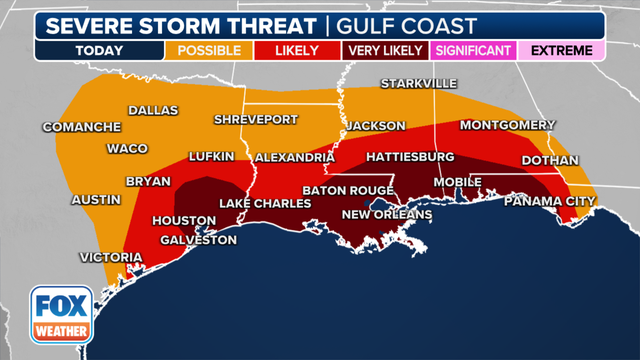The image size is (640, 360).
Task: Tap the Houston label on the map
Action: (183, 220)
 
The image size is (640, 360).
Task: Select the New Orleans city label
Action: (387, 214)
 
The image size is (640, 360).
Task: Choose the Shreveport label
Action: (256, 119)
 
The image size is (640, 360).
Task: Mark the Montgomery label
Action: (507, 125)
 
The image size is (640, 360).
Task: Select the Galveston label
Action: (197, 240)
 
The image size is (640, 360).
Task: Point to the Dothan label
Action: (550, 160)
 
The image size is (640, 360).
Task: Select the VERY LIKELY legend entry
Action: (384, 50)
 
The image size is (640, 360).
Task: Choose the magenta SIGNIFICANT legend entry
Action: (472, 50)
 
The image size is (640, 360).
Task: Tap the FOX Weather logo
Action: (61, 313)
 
